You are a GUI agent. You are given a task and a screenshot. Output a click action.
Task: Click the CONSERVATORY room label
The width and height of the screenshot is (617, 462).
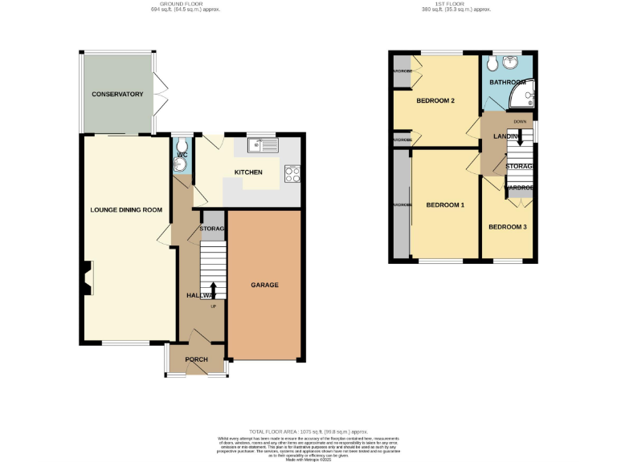pyautogui.click(x=117, y=95)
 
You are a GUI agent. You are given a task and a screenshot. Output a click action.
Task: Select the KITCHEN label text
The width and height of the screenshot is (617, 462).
pyautogui.click(x=248, y=172)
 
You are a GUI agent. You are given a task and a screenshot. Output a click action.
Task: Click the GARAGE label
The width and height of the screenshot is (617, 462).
pyautogui.click(x=264, y=286)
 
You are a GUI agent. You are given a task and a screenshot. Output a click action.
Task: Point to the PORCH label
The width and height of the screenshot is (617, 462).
pyautogui.click(x=197, y=359)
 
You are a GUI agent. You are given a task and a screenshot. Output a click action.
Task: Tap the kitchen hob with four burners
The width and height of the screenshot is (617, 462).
pyautogui.click(x=292, y=173)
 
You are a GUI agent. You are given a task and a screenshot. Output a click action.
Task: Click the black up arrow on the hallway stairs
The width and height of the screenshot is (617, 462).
pyautogui.click(x=214, y=290)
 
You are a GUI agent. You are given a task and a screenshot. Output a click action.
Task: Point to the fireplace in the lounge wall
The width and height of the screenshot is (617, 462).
pyautogui.click(x=85, y=278)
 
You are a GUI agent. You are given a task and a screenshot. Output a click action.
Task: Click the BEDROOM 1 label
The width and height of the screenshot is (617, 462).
pyautogui.click(x=445, y=205)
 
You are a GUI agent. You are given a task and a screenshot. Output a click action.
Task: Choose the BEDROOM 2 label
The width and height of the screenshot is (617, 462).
pyautogui.click(x=435, y=101)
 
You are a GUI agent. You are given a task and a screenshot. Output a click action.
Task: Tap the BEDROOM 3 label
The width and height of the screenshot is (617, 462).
pyautogui.click(x=508, y=227)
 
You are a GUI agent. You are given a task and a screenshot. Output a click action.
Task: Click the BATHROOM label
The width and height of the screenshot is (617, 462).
pyautogui.click(x=508, y=83)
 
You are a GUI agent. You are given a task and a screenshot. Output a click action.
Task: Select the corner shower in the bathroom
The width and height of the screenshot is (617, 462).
pyautogui.click(x=525, y=98)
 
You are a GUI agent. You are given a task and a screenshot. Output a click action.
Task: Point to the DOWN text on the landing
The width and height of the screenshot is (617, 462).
pyautogui.click(x=520, y=122)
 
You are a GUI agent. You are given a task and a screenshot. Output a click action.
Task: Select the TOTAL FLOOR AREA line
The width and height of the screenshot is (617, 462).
pyautogui.click(x=308, y=431)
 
